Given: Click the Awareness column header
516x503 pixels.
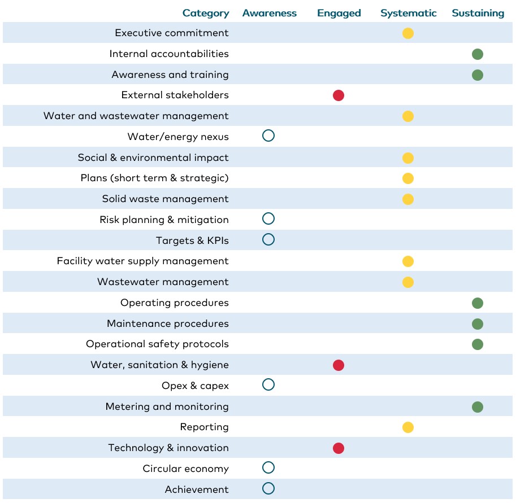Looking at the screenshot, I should (269, 13).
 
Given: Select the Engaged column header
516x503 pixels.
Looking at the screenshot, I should (339, 13).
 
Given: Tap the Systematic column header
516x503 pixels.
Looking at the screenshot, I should (408, 13).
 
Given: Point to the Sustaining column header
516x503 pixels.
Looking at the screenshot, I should (478, 13).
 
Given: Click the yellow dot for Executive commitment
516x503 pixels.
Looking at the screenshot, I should (408, 33).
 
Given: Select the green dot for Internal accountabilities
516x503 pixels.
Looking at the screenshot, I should (478, 54).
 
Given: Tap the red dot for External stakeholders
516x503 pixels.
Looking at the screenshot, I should (339, 95).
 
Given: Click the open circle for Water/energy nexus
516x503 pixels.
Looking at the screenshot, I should (268, 135).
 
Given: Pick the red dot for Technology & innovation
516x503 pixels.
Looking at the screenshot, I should (339, 448).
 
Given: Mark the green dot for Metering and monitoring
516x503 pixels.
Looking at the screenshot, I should (478, 407).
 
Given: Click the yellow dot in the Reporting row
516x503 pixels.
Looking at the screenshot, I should (408, 427).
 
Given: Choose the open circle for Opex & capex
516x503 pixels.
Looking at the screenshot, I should (268, 385).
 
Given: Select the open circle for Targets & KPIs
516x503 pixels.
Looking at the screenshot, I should (268, 239).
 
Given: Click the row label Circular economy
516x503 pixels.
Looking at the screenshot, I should (185, 469).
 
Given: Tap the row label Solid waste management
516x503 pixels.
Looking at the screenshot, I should (165, 199).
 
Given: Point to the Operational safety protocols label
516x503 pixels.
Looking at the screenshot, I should (157, 344).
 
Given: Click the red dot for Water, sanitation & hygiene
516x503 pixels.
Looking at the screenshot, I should (339, 365).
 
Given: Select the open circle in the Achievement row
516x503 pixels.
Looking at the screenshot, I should (268, 488).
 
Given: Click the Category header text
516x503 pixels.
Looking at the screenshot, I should (206, 13).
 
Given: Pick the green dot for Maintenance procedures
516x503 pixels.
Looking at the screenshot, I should (478, 324).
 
